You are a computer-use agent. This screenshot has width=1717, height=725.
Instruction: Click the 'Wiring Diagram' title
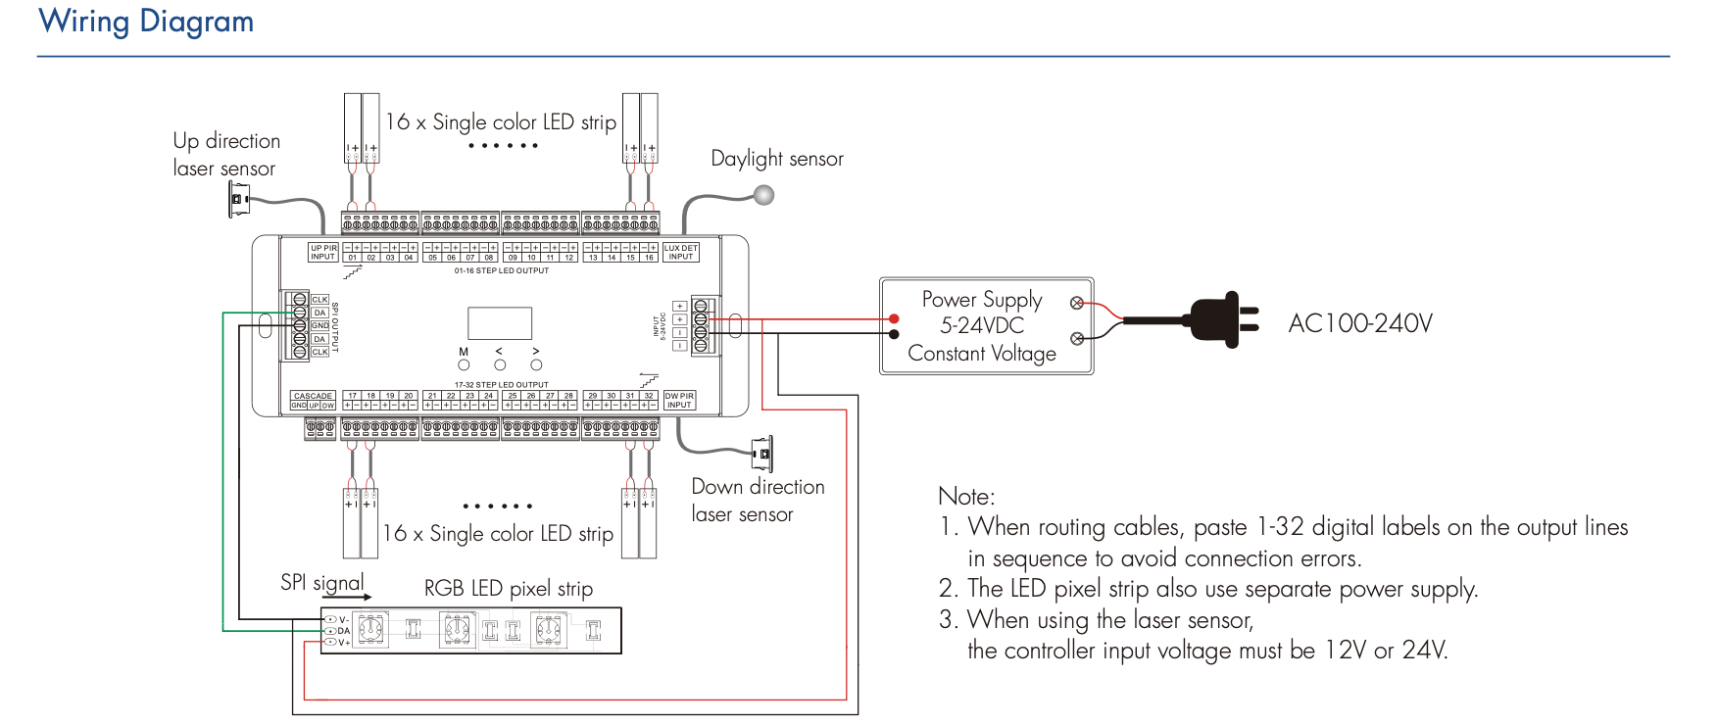[146, 22]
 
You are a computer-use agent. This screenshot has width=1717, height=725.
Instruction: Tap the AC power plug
[1220, 319]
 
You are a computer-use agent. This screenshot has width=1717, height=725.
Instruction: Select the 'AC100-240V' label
[1359, 323]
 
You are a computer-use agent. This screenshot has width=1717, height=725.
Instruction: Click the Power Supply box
[986, 326]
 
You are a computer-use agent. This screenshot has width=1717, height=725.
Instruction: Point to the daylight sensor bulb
[764, 195]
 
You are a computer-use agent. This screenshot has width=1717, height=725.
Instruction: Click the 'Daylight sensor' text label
[776, 159]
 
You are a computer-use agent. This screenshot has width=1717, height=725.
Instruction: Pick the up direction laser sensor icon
[238, 200]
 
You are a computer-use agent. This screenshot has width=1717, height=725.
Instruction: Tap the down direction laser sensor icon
[762, 455]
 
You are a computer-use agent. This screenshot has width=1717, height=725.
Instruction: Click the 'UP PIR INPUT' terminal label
[323, 252]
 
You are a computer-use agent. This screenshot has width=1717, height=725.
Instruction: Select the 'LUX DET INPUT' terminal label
[681, 252]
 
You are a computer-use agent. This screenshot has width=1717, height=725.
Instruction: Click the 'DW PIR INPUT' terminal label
[679, 400]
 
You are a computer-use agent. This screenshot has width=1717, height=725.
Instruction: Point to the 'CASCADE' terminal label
[313, 396]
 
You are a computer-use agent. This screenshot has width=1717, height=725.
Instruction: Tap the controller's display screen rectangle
[500, 323]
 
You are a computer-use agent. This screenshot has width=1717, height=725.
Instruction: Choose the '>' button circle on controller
[536, 365]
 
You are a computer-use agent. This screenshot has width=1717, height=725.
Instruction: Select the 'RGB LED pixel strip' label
[508, 589]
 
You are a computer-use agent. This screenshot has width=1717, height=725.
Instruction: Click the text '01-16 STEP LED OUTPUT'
[502, 270]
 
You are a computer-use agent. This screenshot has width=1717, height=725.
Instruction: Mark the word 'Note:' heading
[965, 496]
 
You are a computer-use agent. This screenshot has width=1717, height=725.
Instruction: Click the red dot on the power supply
[894, 319]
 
